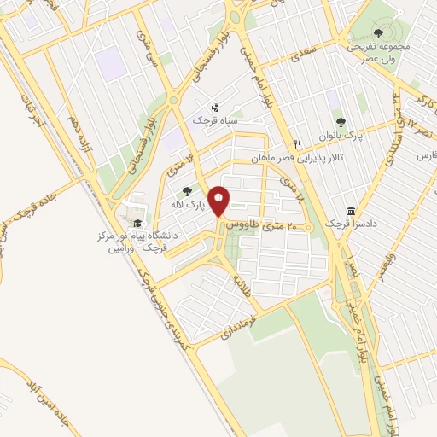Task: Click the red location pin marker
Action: click(x=219, y=201)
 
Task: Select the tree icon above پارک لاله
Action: click(x=186, y=190)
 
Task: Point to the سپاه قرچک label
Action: click(x=214, y=121)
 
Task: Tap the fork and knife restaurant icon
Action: click(x=297, y=143)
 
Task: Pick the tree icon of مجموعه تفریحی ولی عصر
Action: click(x=379, y=32)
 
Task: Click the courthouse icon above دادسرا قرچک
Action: click(x=351, y=210)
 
